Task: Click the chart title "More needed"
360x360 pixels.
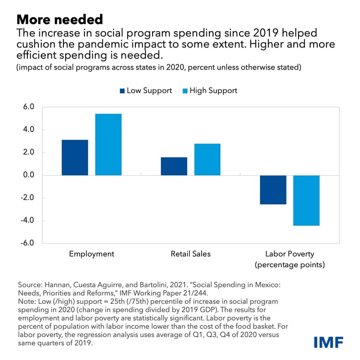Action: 60,20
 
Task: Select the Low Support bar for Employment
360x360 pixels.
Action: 74,157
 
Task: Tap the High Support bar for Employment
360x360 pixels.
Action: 108,144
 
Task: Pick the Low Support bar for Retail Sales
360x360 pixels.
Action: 174,166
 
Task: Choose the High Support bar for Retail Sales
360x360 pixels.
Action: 207,159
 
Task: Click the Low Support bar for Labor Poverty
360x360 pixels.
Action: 273,190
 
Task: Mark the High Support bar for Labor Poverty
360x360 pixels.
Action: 306,200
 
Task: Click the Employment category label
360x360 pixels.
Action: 91,254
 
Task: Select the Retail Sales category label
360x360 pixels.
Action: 191,254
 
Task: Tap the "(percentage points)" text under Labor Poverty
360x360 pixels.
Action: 290,264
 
